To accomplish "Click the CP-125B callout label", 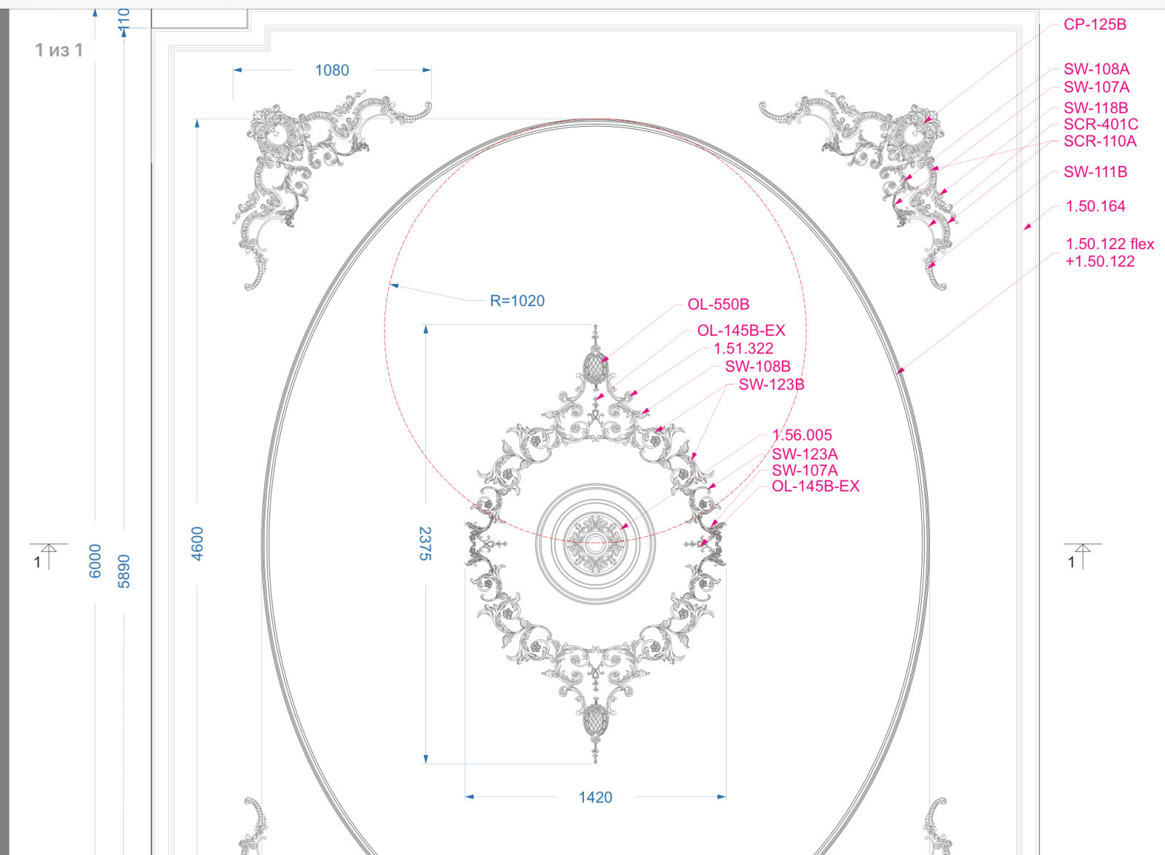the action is coord(1095,25).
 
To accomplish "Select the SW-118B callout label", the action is coord(1096,108).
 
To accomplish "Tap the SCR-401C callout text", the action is coord(1100,125).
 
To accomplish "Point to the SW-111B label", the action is coord(1095,172).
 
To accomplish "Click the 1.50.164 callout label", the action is coord(1095,206).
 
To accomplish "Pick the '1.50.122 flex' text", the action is coord(1110,243).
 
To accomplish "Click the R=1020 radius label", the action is coord(517,301).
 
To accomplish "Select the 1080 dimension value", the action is coord(332,70).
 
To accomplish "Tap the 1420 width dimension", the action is coord(596,797).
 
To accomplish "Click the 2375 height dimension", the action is coord(425,543).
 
